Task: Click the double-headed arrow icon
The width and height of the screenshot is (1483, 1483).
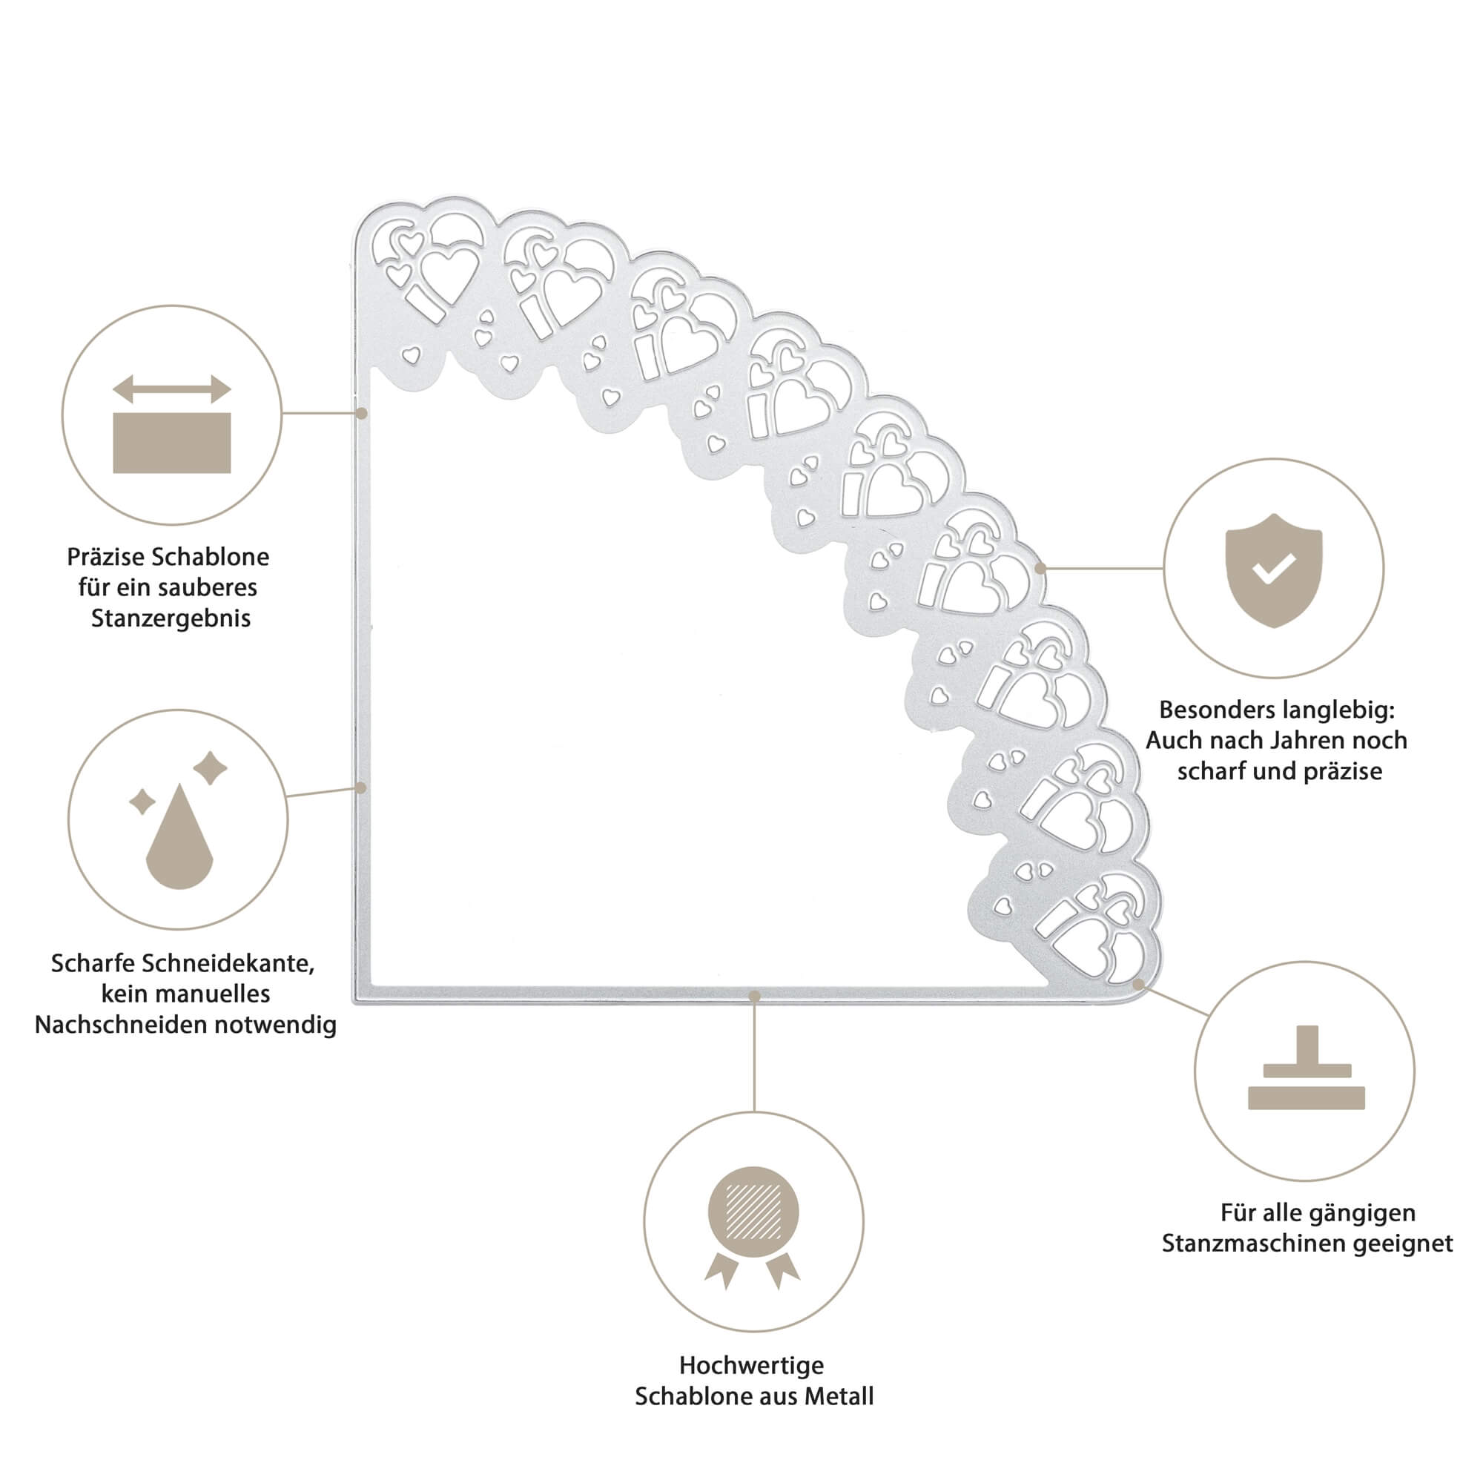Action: (172, 389)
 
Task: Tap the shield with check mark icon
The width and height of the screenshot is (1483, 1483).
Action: (1273, 569)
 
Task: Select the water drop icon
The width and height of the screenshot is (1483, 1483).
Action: (179, 836)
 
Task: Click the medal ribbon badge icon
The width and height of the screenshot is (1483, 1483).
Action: (753, 1226)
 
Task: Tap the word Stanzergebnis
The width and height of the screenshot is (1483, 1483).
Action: (171, 618)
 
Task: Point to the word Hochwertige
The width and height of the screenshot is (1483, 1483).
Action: (751, 1366)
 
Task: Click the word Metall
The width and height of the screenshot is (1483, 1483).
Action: (842, 1396)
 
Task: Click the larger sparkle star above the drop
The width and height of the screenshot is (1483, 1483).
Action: (210, 768)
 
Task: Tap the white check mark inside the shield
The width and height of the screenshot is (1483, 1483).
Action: (1274, 569)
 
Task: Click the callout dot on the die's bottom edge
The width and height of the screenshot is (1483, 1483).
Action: (755, 997)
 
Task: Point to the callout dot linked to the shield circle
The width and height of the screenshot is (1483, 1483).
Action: (1041, 569)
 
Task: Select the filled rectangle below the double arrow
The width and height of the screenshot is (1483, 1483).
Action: (172, 443)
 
